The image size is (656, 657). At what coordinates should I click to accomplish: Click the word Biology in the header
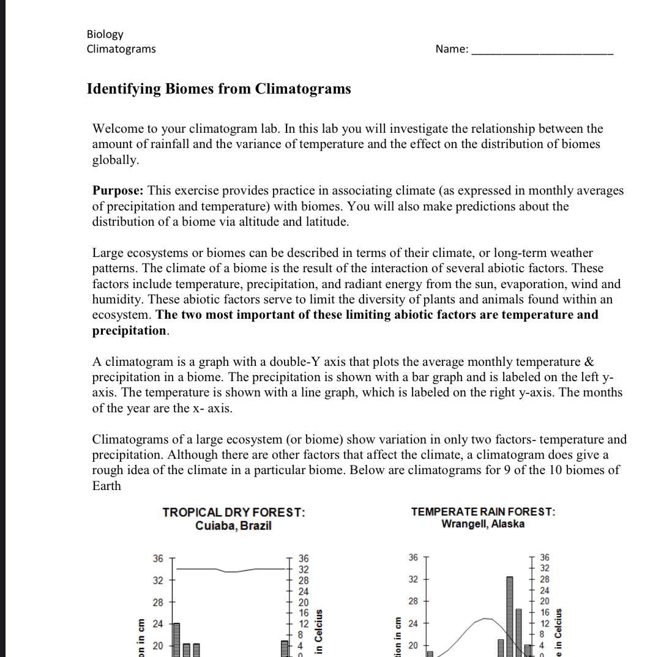point(105,34)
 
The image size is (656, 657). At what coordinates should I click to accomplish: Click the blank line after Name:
point(542,50)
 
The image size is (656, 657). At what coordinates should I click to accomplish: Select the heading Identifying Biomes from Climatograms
point(218,89)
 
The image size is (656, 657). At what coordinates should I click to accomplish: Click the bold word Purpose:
point(118,190)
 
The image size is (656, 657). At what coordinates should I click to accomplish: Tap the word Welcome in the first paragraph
point(117,128)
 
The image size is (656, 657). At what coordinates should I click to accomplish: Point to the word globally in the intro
point(115,160)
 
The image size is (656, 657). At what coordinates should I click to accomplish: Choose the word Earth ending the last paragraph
point(106,486)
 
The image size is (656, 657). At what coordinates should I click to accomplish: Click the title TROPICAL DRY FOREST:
point(233,513)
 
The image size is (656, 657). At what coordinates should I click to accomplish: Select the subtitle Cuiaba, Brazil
point(233,525)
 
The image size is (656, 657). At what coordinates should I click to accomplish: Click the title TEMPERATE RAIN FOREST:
point(483,511)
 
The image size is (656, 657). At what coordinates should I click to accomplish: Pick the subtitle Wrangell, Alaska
point(483,524)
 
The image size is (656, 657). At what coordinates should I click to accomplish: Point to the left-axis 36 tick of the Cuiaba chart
point(158,559)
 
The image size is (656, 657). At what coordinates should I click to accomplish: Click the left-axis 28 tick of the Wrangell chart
point(413,602)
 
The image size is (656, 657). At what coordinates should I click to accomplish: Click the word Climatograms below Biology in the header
point(121,49)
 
